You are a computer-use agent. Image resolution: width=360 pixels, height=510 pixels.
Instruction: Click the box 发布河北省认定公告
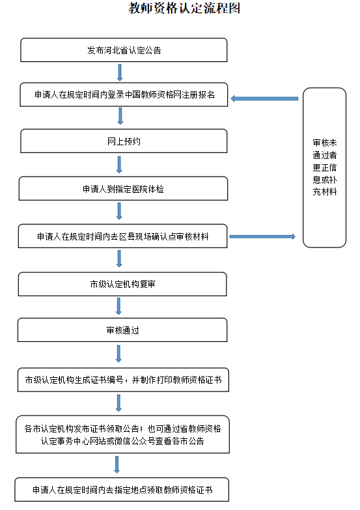point(124,50)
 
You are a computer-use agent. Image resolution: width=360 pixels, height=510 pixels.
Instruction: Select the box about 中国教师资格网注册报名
point(124,95)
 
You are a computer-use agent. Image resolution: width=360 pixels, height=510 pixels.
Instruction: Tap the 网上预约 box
point(124,141)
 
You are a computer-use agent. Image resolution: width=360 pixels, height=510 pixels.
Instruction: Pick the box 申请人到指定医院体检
point(124,189)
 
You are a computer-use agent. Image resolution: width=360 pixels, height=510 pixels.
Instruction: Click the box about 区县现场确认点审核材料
point(124,236)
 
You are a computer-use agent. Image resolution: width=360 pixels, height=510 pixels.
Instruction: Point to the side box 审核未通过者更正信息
point(324,167)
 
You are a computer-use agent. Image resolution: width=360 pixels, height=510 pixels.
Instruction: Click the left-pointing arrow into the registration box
point(264,98)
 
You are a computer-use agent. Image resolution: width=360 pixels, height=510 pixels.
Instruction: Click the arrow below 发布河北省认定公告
point(120,72)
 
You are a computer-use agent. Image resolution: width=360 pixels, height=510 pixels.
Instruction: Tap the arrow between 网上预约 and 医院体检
point(120,164)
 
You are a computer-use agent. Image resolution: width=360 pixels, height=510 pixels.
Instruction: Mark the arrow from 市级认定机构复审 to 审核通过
point(118,307)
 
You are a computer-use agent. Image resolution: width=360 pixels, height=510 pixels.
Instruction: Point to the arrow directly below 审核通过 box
point(118,354)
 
